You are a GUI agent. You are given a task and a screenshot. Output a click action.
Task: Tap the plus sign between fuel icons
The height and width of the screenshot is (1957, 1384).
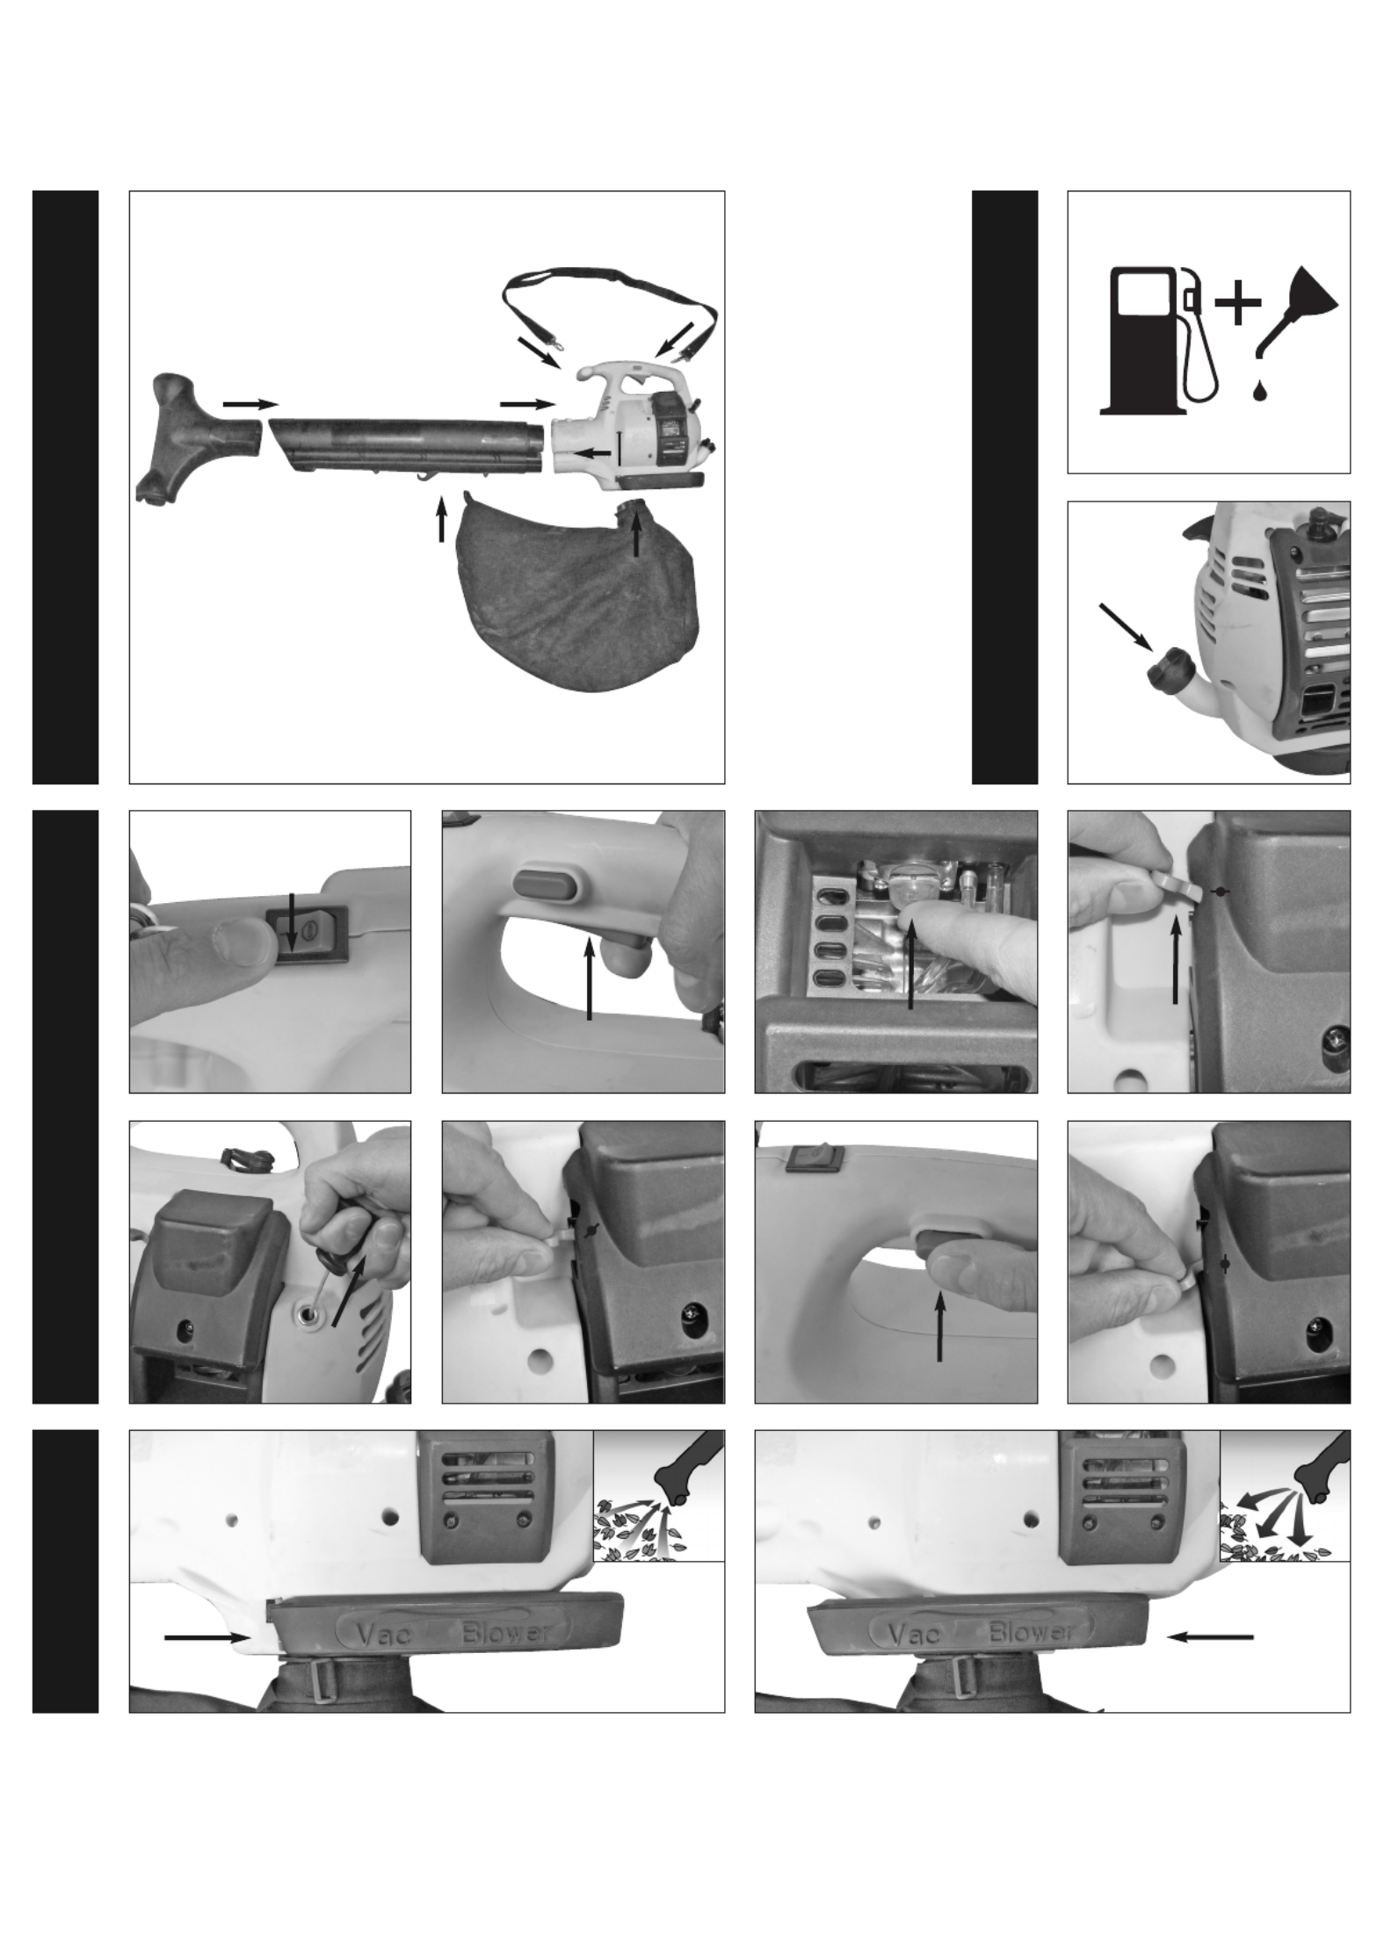click(1237, 304)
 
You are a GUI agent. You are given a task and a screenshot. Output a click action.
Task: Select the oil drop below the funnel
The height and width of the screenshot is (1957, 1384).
click(1262, 391)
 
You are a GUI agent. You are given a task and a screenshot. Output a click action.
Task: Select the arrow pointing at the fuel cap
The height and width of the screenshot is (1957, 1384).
click(1127, 626)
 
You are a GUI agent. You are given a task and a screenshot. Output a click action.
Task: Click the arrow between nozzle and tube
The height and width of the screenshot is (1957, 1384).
click(250, 404)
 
